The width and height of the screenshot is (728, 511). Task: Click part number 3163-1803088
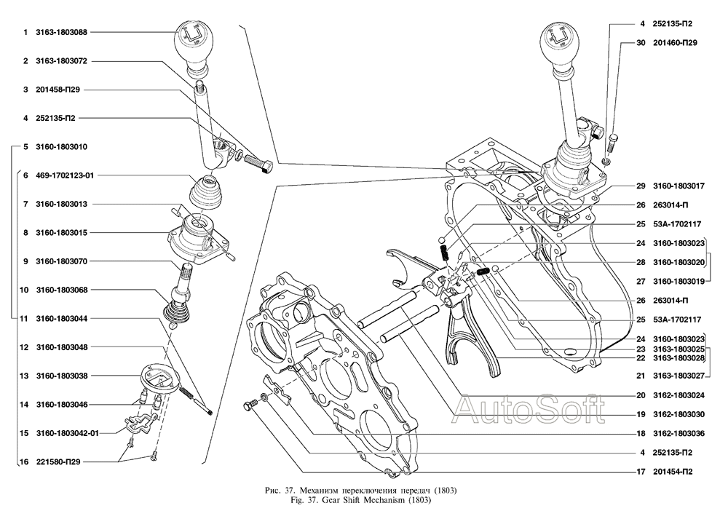(x=61, y=33)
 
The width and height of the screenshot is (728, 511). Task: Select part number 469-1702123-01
(x=65, y=175)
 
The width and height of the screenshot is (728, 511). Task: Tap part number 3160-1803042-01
(x=67, y=433)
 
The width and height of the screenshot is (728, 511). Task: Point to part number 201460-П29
(x=675, y=43)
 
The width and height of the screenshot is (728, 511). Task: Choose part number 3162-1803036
(x=678, y=434)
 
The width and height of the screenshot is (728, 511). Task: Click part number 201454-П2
(x=673, y=472)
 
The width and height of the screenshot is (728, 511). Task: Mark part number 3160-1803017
(x=678, y=186)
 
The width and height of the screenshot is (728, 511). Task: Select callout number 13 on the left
(x=24, y=376)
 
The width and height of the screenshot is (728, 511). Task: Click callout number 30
(x=641, y=43)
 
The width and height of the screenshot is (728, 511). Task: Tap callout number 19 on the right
(x=641, y=414)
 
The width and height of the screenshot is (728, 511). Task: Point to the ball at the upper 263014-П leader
(x=443, y=240)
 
